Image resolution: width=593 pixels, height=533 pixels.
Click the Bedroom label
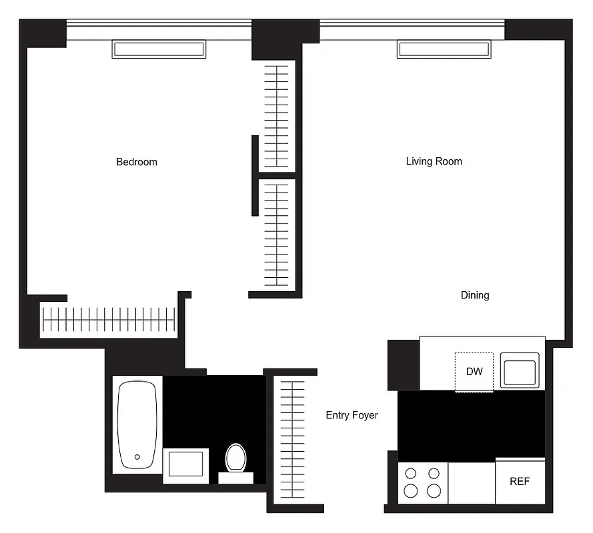137,162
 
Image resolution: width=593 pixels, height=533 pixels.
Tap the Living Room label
434,161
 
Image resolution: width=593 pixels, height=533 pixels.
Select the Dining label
474,295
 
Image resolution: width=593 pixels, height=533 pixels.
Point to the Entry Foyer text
352,415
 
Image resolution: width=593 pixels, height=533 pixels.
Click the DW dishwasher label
474,372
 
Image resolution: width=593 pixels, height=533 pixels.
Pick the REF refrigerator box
520,481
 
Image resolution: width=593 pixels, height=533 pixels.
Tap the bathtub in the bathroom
137,424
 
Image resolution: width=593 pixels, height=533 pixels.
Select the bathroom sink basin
185,464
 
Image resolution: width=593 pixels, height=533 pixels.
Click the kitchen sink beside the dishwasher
519,373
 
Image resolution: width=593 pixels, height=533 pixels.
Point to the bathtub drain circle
137,457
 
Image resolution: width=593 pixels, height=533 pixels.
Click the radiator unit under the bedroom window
159,49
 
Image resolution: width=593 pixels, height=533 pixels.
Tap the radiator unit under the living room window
444,49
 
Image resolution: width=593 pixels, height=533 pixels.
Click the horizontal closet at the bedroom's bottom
108,320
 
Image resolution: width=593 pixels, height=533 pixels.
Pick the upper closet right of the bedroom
276,116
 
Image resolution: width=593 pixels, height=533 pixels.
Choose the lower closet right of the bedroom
276,233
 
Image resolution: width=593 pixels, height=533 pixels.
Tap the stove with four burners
422,482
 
